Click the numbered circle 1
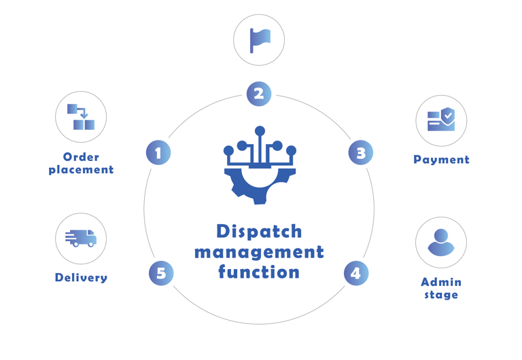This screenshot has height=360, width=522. point(158,152)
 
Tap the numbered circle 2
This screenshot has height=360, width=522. point(258,93)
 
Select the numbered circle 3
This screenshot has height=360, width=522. point(361,152)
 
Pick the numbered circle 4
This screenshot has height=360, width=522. point(355,273)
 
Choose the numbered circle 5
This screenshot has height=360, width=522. point(161,273)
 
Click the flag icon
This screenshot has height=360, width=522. point(259,40)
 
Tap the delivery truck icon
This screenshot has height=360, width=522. point(81,238)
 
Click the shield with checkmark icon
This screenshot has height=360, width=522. point(441,121)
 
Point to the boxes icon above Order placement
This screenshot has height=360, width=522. point(81,117)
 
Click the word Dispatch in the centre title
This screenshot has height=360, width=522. point(259,232)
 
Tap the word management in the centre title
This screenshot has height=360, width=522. point(259,252)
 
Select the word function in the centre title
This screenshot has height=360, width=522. point(259,272)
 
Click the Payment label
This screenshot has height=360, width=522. point(441,160)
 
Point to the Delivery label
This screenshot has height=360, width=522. point(81,277)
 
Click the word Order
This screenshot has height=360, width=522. point(81,158)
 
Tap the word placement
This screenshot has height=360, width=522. point(81,170)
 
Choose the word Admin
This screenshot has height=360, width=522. point(441,282)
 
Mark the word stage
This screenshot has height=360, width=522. point(441,295)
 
